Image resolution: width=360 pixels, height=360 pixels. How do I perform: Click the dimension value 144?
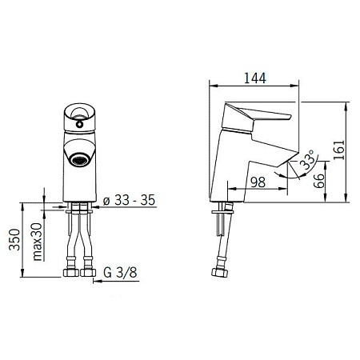(255, 78)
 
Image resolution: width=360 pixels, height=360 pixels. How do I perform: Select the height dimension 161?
(339, 150)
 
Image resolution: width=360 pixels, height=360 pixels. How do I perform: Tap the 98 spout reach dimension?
(258, 182)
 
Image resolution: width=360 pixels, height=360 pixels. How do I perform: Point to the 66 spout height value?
(318, 181)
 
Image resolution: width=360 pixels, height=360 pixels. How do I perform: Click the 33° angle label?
(307, 159)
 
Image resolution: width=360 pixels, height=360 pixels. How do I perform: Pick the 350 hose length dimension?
(14, 239)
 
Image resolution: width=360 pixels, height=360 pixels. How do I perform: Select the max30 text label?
(38, 242)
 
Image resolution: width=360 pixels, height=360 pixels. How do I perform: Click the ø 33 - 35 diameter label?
(129, 200)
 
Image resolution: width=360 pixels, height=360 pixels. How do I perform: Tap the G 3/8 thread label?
(120, 273)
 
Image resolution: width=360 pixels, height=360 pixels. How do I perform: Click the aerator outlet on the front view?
(79, 159)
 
